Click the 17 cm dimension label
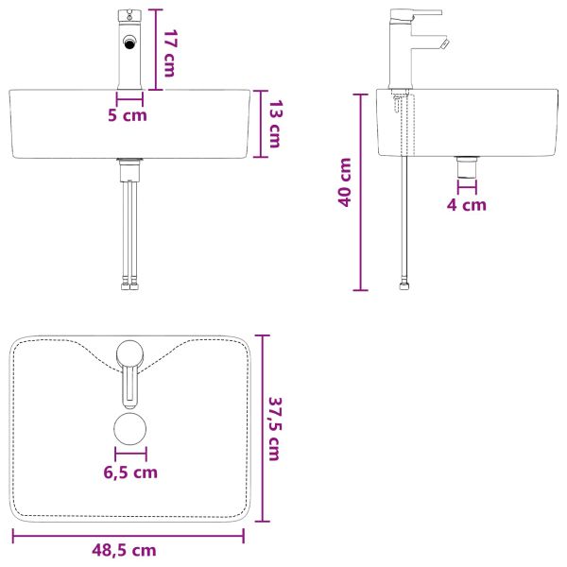pos(170,54)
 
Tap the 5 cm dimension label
pos(128,115)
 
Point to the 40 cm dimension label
pos(345,182)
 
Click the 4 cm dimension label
pos(467,205)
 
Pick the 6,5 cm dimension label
pos(130,472)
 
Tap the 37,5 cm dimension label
pos(276,429)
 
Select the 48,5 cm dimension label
pos(124,550)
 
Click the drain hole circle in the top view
pos(130,429)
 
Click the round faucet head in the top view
pos(129,353)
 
